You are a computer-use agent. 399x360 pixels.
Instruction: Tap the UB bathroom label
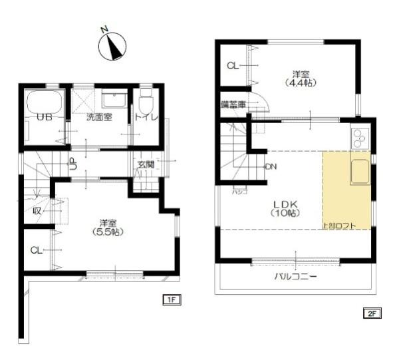tap(45, 117)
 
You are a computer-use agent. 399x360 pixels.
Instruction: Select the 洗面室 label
tap(98, 117)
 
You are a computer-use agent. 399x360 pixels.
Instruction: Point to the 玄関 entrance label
tap(145, 164)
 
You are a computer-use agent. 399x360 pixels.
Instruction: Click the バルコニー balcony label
tap(295, 276)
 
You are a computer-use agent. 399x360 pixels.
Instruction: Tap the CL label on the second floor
tap(232, 66)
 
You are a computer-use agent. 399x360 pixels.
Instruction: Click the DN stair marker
tap(270, 166)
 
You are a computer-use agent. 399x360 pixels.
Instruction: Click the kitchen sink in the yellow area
tap(359, 172)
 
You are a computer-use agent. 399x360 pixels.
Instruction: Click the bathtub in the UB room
tap(44, 102)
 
